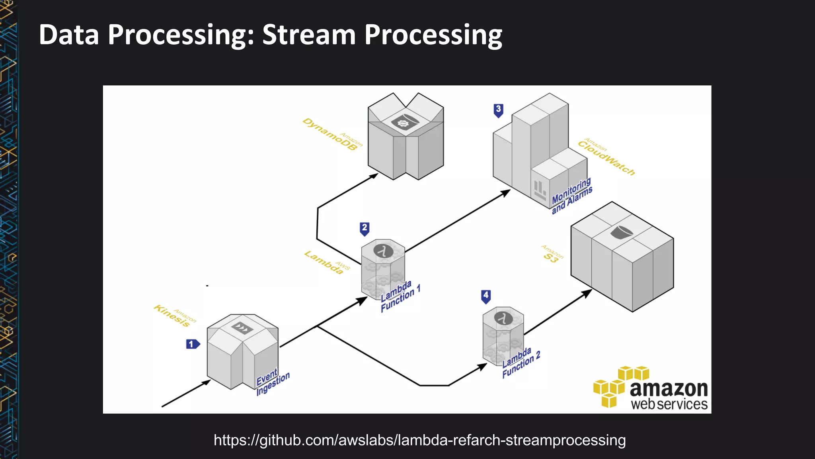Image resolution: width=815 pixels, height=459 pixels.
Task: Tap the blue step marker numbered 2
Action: (x=365, y=229)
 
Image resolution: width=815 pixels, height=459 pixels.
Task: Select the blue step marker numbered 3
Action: (x=498, y=110)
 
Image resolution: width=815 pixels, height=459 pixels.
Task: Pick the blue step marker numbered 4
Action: (x=486, y=296)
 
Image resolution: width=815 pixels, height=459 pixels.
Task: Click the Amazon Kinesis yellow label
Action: (x=174, y=316)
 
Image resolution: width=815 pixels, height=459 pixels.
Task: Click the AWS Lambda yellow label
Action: (x=326, y=263)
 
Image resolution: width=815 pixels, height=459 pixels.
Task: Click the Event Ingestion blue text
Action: (x=272, y=382)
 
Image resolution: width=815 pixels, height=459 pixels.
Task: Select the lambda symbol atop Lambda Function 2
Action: (x=503, y=318)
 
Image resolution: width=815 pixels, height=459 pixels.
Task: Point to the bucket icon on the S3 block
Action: (x=621, y=232)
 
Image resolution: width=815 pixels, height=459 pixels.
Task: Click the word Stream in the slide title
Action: (x=309, y=35)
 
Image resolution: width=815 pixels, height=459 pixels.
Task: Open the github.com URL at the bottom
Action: (x=419, y=440)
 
